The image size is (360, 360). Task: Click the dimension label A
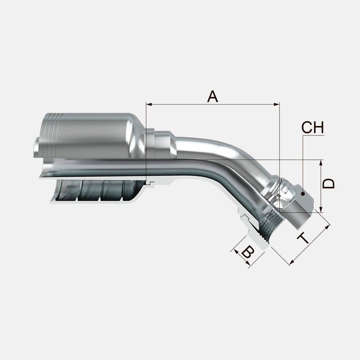coord(212,96)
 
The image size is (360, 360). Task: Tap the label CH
coord(312,128)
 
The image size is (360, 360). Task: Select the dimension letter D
coord(328,184)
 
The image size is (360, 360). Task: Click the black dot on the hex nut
coord(303,194)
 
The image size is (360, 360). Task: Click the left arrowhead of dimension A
coord(149,104)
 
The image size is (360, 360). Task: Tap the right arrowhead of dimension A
coord(276,104)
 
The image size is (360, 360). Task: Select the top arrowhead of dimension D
coord(321,163)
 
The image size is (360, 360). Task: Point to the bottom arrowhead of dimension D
coord(321,210)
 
